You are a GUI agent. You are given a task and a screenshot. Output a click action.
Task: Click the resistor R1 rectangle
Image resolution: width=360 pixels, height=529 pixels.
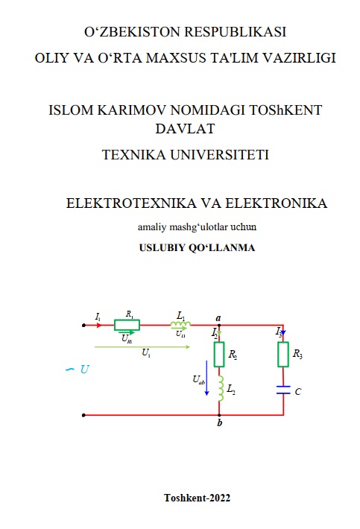click(127, 325)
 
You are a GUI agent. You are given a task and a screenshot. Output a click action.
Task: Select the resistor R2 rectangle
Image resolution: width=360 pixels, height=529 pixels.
click(219, 354)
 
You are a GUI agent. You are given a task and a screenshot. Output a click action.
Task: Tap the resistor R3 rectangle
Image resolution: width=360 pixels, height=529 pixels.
click(283, 354)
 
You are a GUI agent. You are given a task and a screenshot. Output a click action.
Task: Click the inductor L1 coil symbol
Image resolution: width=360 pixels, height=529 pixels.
click(180, 324)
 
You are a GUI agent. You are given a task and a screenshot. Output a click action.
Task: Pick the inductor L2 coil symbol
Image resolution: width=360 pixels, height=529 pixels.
click(221, 389)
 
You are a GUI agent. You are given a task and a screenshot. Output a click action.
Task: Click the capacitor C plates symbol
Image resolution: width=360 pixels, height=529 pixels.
click(283, 390)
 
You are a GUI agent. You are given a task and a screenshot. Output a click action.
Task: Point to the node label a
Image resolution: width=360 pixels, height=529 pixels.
click(218, 318)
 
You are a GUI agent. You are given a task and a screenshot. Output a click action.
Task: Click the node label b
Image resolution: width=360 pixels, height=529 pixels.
click(220, 422)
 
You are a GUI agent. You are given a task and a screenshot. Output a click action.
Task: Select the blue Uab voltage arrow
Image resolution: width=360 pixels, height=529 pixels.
click(206, 378)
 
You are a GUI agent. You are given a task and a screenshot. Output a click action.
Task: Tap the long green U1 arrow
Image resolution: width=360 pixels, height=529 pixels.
click(142, 346)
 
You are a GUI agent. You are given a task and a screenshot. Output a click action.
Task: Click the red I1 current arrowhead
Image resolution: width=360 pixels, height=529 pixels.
click(99, 326)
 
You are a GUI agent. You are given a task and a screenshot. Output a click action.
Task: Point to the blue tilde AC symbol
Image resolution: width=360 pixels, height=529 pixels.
click(70, 370)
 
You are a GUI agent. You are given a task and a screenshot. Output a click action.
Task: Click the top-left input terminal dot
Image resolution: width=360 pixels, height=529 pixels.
click(83, 326)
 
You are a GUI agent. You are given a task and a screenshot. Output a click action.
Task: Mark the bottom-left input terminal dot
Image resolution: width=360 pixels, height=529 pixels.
click(83, 415)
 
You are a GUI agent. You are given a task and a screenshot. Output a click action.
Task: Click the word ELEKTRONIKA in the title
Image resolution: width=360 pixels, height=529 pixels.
click(276, 203)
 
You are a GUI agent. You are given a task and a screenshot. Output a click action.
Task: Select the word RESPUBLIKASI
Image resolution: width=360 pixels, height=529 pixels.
click(236, 32)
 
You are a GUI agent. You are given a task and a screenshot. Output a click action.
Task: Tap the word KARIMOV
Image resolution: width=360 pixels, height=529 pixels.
click(132, 110)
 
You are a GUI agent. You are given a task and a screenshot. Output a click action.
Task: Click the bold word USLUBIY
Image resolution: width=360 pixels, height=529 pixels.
click(162, 247)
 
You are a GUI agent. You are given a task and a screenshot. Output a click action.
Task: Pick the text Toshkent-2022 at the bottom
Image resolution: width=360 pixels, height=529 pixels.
click(197, 498)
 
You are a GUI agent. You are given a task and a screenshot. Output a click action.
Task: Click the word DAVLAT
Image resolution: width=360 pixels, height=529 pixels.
click(185, 129)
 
